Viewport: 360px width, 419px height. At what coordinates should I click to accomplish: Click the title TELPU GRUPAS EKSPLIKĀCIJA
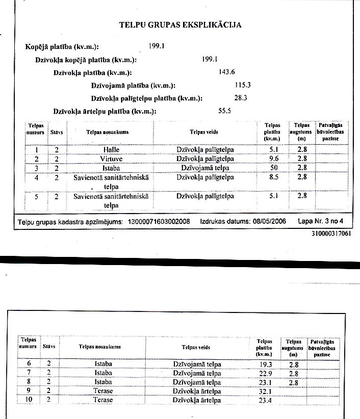coord(180,24)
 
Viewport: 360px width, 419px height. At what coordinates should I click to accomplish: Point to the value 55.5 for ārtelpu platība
coord(225,110)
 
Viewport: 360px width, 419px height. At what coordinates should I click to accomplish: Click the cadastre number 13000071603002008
coord(159,222)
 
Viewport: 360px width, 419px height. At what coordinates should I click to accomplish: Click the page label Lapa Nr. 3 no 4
coord(321,222)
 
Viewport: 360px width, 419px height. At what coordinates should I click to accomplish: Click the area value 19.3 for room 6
coord(264,364)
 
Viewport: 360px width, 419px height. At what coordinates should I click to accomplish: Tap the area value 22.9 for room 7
coord(264,373)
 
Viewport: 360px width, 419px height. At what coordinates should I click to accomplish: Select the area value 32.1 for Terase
coord(264,391)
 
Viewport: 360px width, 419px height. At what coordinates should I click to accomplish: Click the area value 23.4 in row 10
coord(264,400)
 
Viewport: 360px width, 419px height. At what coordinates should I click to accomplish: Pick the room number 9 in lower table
coord(29,391)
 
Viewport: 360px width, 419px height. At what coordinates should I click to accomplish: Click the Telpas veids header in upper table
coord(204,132)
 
